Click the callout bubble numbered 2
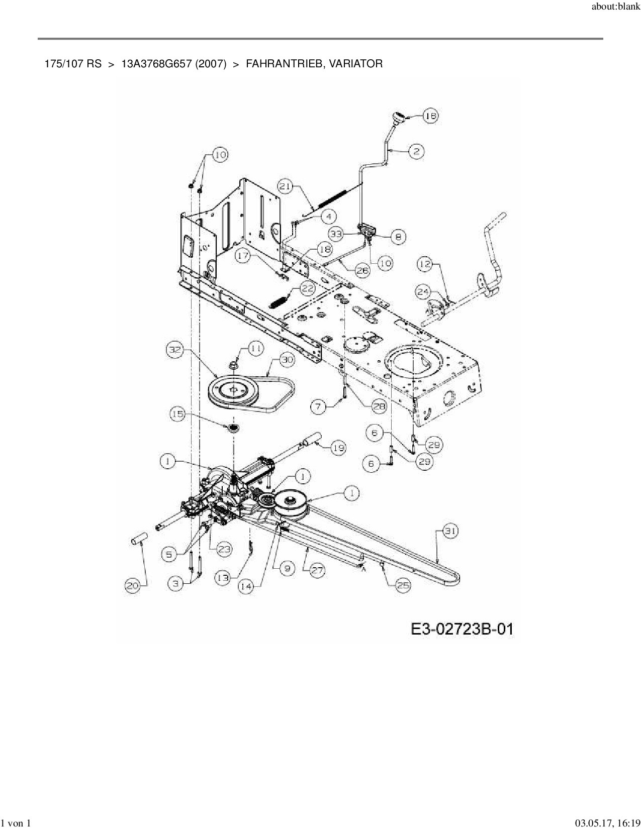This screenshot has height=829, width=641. tap(416, 151)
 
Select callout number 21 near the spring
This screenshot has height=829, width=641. tap(286, 187)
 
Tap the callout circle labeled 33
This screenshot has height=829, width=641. tap(337, 234)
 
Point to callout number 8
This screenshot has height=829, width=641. tap(398, 237)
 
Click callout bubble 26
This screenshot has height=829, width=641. tap(362, 270)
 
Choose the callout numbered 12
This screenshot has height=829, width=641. tap(425, 264)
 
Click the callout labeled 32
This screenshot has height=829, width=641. tap(174, 351)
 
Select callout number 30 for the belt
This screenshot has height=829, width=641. tap(287, 360)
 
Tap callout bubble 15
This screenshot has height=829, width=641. tap(178, 414)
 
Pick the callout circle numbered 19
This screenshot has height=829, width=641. tap(338, 448)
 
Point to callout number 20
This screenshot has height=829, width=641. tap(133, 585)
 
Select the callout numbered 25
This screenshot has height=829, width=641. tap(403, 585)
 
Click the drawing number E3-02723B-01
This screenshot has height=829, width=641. tap(462, 629)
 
